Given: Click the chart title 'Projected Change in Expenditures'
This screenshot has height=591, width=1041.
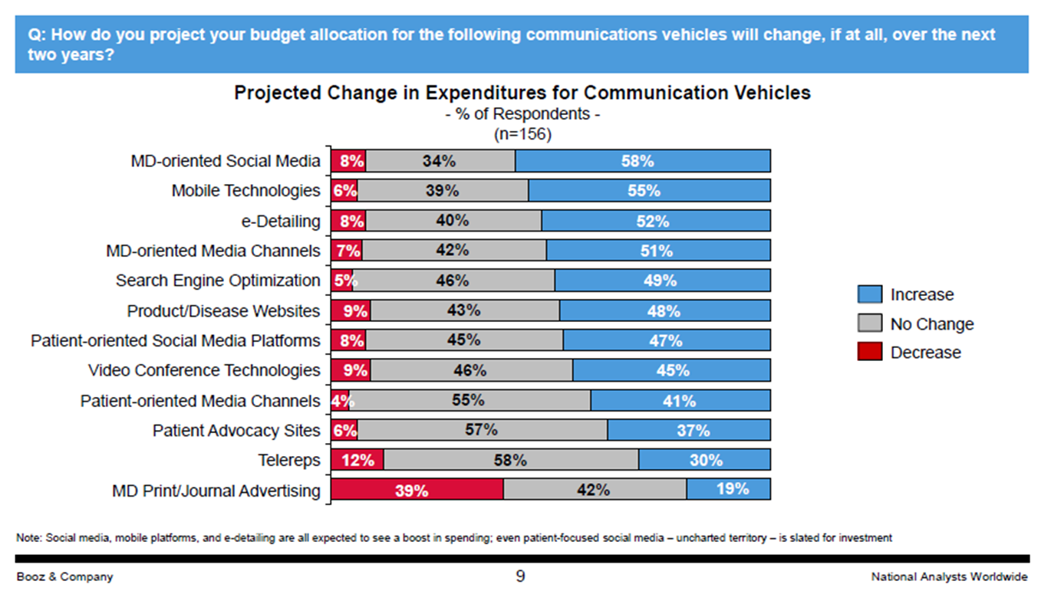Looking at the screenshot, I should coord(522,93).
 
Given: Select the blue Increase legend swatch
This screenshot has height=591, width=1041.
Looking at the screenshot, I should coord(870,295).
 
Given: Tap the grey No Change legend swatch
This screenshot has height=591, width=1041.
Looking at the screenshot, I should coord(870,323).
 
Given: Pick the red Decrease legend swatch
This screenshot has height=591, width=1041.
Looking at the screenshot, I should coord(870,353).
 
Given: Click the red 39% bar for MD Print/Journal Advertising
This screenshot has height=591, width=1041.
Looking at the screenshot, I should coord(417,490).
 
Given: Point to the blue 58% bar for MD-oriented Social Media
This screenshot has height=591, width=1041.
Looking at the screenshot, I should coord(642,161).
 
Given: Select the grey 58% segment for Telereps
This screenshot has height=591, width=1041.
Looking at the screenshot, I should coord(511,460).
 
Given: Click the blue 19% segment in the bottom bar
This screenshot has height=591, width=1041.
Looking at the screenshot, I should coord(728,490).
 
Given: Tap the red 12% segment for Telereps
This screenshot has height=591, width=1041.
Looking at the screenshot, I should coord(357,460).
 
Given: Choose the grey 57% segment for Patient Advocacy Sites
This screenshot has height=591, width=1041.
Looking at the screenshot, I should coord(483,430).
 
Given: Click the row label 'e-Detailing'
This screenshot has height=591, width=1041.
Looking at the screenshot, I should coord(281,222).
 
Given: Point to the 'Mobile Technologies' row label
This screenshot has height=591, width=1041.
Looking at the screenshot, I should coord(245,191).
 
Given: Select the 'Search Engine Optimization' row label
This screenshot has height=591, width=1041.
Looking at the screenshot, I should coord(218,281).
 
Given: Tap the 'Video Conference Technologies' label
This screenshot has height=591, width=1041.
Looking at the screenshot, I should coord(204,370).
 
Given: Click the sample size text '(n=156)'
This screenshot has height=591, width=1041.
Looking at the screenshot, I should coord(522,134).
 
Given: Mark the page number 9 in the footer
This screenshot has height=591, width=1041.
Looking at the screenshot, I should coord(520,576).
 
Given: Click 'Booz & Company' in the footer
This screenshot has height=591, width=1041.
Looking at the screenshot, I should coord(64,576).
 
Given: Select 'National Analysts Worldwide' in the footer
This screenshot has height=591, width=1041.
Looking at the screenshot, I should coord(949,576).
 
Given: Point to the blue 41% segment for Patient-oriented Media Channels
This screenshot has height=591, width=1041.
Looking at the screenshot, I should coord(680,400).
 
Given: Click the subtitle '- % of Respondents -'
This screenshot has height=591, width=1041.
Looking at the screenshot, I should coord(522,114).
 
